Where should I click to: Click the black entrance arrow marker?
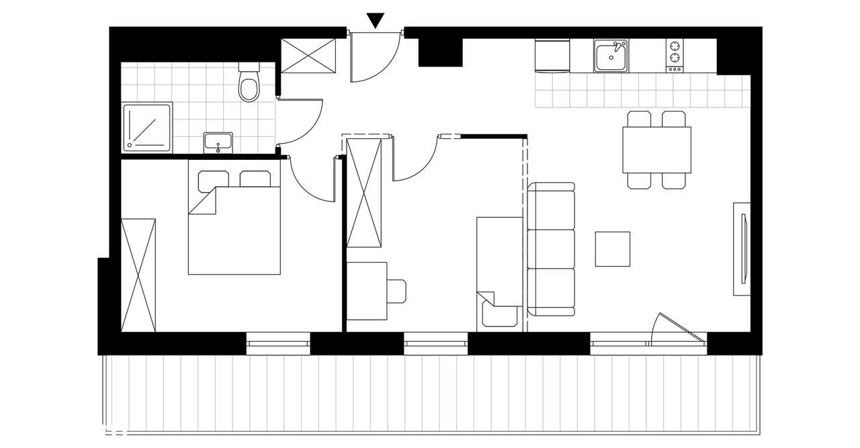(376, 20)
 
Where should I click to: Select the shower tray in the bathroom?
(146, 126)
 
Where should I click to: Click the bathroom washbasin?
(218, 142)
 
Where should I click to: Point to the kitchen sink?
(611, 55)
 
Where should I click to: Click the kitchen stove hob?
(674, 55)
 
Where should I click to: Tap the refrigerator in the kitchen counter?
(552, 55)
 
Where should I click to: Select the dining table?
(656, 150)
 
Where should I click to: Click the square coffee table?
(613, 249)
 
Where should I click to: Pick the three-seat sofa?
(552, 249)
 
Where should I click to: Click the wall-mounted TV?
(743, 249)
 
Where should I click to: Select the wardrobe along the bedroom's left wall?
(138, 275)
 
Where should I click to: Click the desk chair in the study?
(397, 291)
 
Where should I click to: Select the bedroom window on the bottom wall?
(278, 343)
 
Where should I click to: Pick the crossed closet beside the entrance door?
(308, 55)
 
